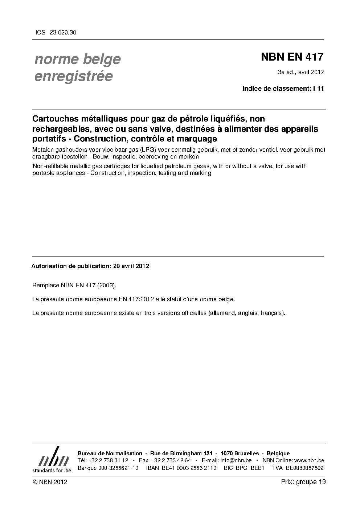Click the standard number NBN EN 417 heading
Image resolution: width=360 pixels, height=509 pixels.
pyautogui.click(x=292, y=57)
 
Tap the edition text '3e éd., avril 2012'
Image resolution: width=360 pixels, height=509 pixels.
pyautogui.click(x=301, y=72)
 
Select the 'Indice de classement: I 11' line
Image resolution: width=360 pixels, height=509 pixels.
pyautogui.click(x=283, y=89)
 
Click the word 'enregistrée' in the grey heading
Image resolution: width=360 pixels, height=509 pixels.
pyautogui.click(x=73, y=76)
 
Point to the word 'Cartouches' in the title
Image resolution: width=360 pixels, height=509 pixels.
pyautogui.click(x=54, y=119)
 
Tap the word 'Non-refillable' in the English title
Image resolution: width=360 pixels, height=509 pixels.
pyautogui.click(x=50, y=166)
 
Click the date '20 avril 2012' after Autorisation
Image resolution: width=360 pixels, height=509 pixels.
pyautogui.click(x=131, y=266)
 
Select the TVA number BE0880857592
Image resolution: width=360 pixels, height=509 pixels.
pyautogui.click(x=304, y=468)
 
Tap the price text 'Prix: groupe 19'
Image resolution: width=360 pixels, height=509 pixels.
pyautogui.click(x=303, y=482)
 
